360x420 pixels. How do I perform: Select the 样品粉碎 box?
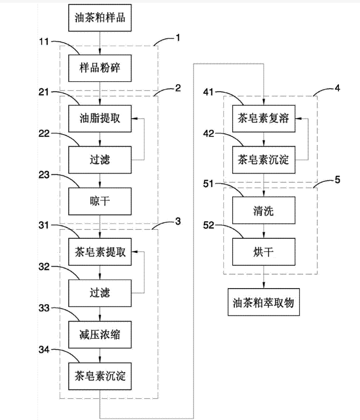point(100,67)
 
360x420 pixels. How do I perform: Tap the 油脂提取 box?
point(100,118)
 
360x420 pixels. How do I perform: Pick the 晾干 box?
point(100,202)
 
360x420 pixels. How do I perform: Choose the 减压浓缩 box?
point(100,335)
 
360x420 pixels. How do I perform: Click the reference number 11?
point(44,41)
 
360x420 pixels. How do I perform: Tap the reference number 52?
point(209,226)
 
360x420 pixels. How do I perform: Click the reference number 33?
point(44,307)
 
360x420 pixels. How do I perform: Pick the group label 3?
point(178,221)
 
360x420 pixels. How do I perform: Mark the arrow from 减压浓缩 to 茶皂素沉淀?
point(100,355)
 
